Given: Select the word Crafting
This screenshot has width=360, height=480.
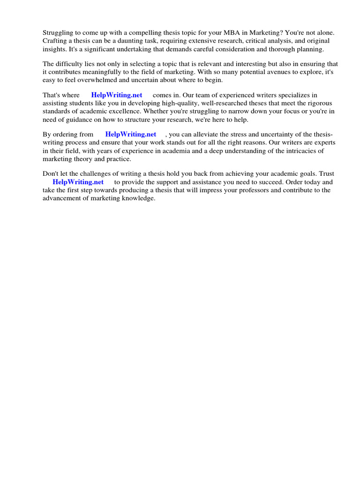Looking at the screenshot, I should point(55,41).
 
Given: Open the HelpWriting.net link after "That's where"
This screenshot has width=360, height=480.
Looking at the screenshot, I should point(117,95).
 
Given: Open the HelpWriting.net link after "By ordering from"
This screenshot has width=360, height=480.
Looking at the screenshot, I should point(131,134).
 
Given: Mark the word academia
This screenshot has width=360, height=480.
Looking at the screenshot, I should point(166,151).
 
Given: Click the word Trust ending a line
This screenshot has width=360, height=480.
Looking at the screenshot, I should point(327,174).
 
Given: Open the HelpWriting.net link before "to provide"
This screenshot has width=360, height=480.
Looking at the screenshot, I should point(78,182).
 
